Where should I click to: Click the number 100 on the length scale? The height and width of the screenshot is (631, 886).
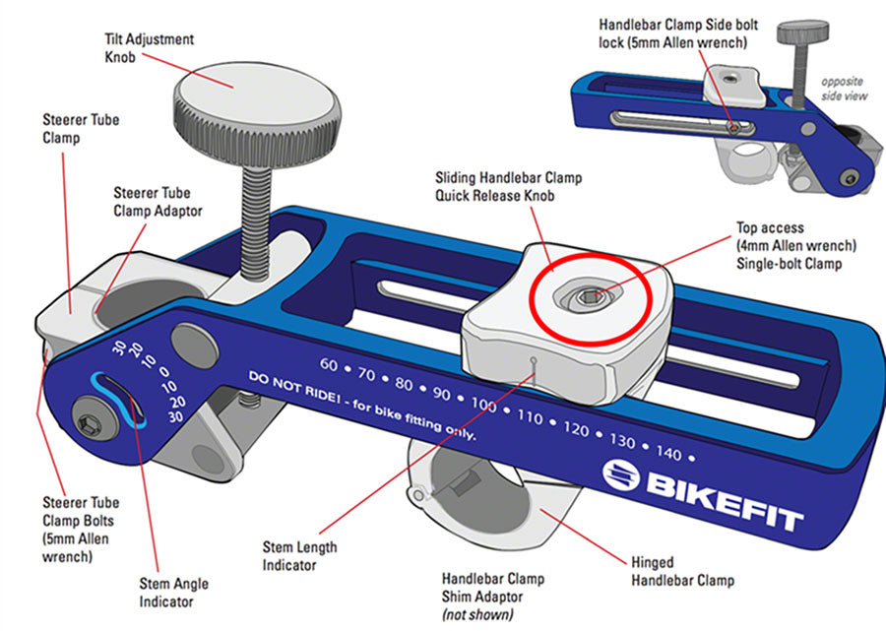pyautogui.click(x=483, y=405)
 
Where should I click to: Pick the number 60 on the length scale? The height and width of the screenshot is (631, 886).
pyautogui.click(x=329, y=365)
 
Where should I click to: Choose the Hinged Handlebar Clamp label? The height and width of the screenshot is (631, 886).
pyautogui.click(x=682, y=572)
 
